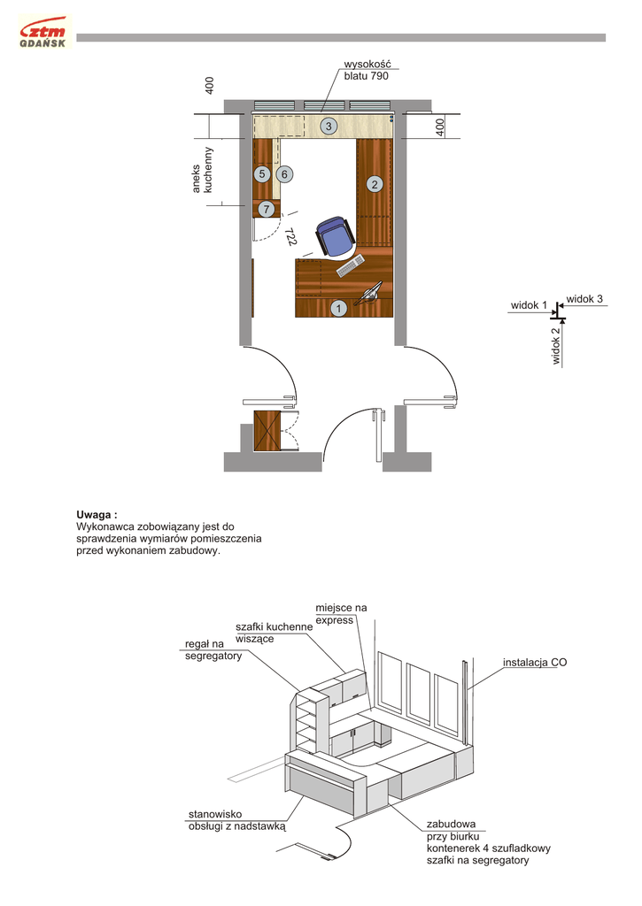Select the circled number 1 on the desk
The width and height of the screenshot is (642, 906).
[x=337, y=308]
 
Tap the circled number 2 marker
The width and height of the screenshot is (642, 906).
[x=375, y=184]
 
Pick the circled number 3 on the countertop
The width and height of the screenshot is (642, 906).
[x=328, y=127]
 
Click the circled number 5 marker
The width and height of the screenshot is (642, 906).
[x=262, y=174]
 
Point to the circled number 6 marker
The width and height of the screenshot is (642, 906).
[x=285, y=174]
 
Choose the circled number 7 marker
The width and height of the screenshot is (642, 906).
[x=267, y=209]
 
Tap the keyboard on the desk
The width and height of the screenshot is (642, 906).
[x=349, y=265]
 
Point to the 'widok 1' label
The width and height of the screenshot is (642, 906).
[x=528, y=305]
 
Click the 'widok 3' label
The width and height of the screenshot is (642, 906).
[x=584, y=298]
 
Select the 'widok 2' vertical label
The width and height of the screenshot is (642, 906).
[x=555, y=346]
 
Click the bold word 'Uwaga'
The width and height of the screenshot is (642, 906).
[x=97, y=514]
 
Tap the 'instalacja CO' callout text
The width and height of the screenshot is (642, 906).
[x=535, y=662]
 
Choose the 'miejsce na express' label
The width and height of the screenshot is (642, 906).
[x=340, y=613]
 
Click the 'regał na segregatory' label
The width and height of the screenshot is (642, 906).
[x=213, y=649]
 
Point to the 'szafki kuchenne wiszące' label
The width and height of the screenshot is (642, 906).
[x=274, y=633]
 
